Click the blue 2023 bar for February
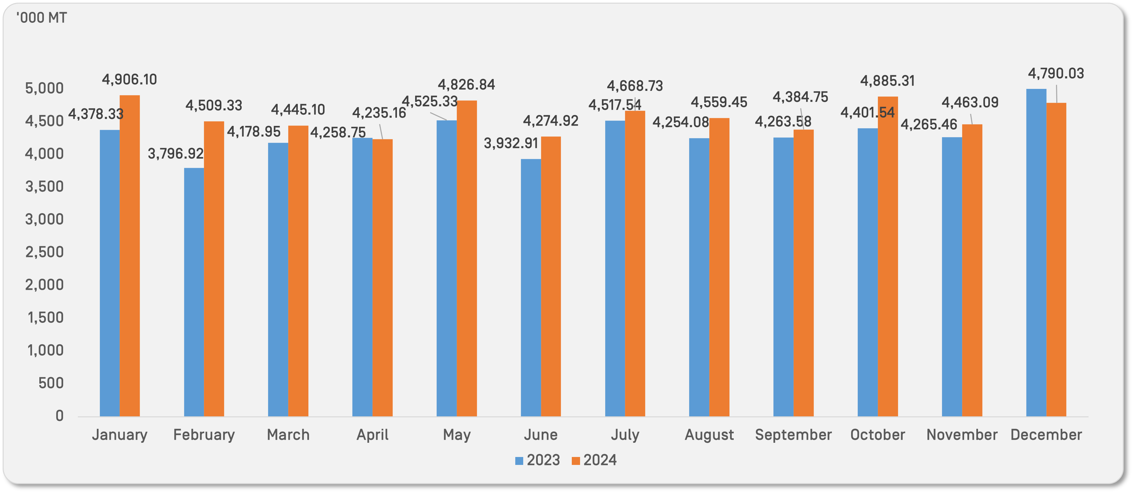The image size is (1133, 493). pyautogui.click(x=194, y=292)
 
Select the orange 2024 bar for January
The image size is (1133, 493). pyautogui.click(x=130, y=255)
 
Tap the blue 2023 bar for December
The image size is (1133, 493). pyautogui.click(x=1036, y=252)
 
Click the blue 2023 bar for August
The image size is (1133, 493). pyautogui.click(x=699, y=277)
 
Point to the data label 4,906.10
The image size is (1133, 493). pyautogui.click(x=129, y=80)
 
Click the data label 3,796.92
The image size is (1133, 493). pyautogui.click(x=176, y=154)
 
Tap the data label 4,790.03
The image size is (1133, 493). pyautogui.click(x=1056, y=73)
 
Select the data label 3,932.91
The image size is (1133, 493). pyautogui.click(x=511, y=143)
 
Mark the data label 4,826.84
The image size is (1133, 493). pyautogui.click(x=466, y=85)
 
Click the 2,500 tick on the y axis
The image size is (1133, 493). pyautogui.click(x=44, y=252)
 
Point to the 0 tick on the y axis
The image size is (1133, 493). pyautogui.click(x=59, y=416)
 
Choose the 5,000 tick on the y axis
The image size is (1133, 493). pyautogui.click(x=44, y=89)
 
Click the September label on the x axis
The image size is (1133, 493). pyautogui.click(x=793, y=435)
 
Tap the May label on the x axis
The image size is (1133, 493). pyautogui.click(x=456, y=435)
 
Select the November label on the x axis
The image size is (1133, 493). pyautogui.click(x=961, y=435)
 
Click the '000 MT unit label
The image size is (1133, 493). pyautogui.click(x=42, y=18)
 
